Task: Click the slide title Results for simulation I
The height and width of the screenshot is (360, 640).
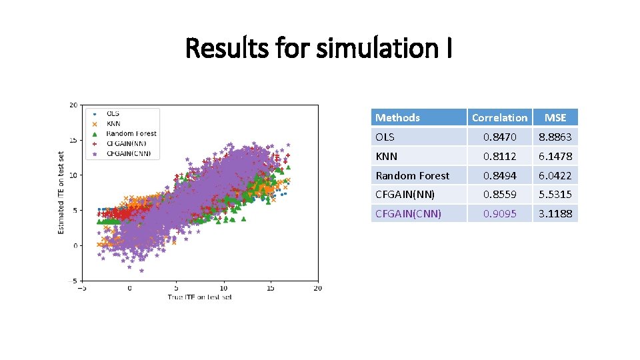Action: pos(319,48)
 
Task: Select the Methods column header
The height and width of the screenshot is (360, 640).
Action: pos(397,118)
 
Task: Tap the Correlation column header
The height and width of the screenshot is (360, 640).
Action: pos(499,118)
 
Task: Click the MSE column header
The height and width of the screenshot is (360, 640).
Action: pos(555,118)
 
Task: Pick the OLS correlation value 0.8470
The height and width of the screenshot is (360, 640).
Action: pos(499,137)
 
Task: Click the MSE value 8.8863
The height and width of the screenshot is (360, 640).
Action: pos(555,137)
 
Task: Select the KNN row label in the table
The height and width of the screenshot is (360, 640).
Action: pos(386,156)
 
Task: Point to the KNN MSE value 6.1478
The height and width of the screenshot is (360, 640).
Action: pos(555,156)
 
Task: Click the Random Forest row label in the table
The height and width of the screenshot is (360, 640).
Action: pos(412,175)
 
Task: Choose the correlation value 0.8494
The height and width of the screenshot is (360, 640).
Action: pos(499,175)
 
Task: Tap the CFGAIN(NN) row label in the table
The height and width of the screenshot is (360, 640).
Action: pos(405,195)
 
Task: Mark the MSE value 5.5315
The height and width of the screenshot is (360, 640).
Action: pos(555,195)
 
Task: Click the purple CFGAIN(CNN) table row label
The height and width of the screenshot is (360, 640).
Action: pos(408,214)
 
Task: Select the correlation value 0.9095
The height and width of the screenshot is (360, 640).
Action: pos(499,214)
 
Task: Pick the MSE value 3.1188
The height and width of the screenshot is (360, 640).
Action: pos(555,214)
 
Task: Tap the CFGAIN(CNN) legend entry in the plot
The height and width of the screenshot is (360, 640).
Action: pos(129,153)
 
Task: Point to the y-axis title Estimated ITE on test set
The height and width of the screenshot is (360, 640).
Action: pos(61,191)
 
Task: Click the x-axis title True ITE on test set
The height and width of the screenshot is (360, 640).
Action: pos(199,296)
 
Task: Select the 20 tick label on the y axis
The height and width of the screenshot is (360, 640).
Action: pos(73,105)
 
